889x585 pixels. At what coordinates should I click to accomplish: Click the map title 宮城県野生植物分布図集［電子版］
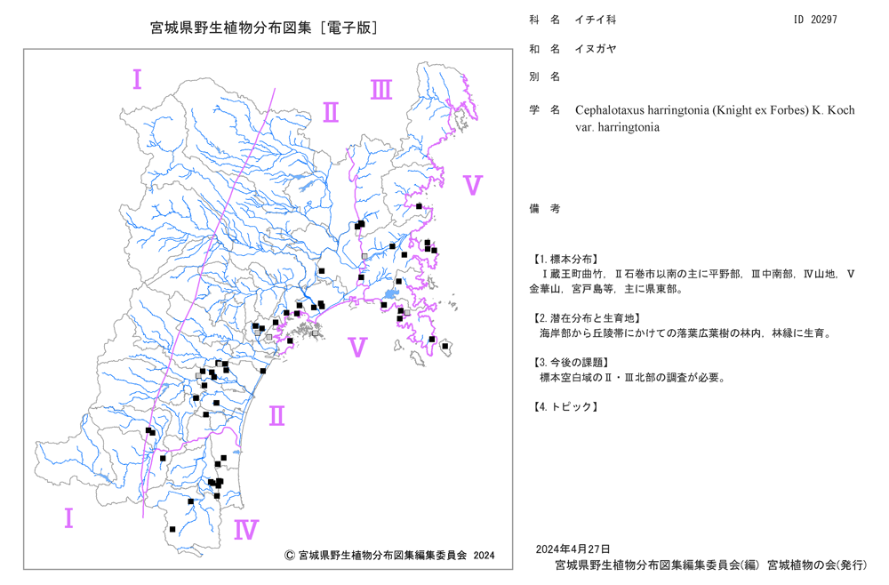point(264,28)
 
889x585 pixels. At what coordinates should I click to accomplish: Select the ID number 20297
point(824,20)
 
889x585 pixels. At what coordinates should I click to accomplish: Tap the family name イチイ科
point(596,20)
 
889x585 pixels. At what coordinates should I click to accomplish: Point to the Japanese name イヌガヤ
point(596,49)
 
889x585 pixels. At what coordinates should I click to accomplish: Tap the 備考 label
point(545,209)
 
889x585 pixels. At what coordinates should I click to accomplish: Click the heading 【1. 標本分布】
point(565,259)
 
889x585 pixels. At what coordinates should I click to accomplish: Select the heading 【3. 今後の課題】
point(570,362)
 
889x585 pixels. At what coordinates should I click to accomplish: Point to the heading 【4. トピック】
point(565,406)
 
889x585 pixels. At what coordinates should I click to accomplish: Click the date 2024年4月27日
point(573,549)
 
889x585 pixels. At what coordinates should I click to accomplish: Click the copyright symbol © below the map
point(289,556)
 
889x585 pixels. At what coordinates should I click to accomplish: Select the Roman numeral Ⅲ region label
point(381,90)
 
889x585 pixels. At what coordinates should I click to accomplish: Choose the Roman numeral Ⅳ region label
point(246,530)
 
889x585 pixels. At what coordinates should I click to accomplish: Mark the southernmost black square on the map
point(172,530)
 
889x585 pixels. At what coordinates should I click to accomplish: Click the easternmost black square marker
point(445,347)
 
